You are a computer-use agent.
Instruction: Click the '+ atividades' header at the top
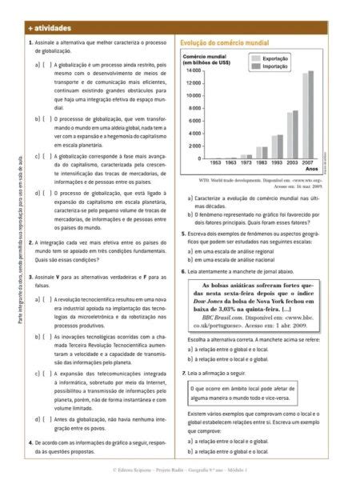[x=48, y=28]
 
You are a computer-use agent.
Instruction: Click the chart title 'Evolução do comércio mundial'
[x=225, y=42]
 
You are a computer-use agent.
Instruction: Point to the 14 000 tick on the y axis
[x=192, y=71]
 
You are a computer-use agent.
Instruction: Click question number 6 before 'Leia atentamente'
[x=182, y=272]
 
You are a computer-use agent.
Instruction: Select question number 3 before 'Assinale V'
[x=30, y=277]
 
